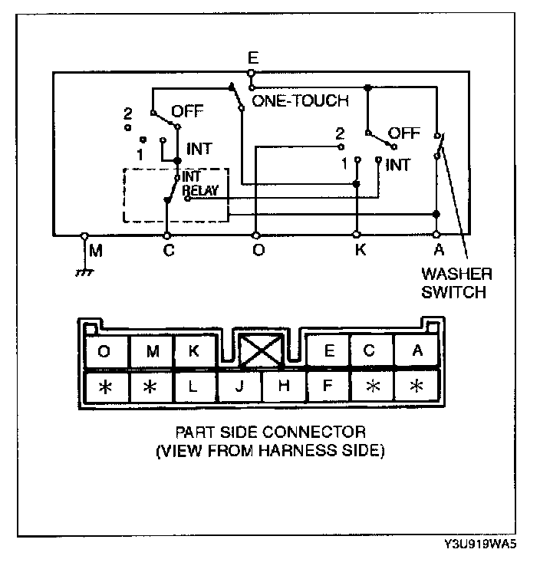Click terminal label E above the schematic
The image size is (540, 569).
click(252, 58)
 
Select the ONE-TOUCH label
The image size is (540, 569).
click(300, 100)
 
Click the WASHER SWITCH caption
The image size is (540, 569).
click(456, 282)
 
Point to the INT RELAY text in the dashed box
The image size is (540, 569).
click(202, 184)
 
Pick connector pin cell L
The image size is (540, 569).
click(194, 386)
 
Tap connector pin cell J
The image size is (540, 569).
click(239, 386)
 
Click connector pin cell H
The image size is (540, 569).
click(283, 386)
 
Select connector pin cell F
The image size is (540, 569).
click(328, 386)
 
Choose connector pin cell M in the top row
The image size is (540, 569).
click(150, 351)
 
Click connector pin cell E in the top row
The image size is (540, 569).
click(328, 351)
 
